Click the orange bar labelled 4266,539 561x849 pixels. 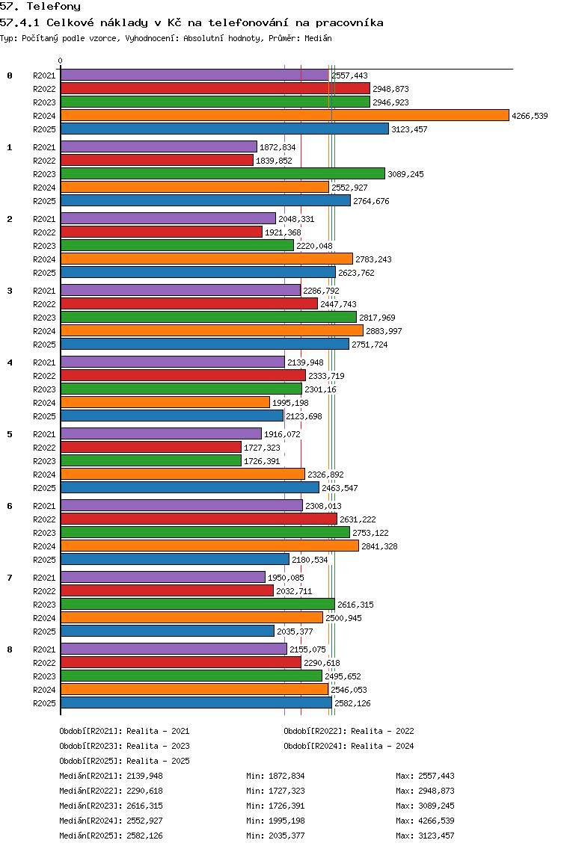(x=285, y=115)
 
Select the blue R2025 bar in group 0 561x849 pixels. (x=225, y=129)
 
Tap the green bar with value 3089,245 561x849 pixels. (x=223, y=174)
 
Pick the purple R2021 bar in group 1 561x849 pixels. (x=159, y=146)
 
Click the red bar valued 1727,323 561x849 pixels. (x=151, y=447)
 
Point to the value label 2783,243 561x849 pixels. (x=373, y=259)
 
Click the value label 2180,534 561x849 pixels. (x=310, y=560)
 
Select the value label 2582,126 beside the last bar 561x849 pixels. (x=353, y=703)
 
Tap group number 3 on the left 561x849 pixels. (x=10, y=291)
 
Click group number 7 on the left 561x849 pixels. (x=10, y=578)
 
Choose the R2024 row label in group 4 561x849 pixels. (x=44, y=403)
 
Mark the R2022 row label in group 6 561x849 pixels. (x=44, y=519)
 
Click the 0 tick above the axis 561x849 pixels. (x=60, y=61)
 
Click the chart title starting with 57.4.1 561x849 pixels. (x=192, y=22)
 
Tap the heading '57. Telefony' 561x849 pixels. (x=40, y=7)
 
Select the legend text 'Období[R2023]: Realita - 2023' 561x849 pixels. (x=125, y=746)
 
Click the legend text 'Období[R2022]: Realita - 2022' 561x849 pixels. (x=349, y=731)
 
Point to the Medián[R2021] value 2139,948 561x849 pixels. (x=144, y=776)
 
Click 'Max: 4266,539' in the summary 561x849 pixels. (x=426, y=821)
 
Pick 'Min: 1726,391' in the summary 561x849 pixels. (x=276, y=806)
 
